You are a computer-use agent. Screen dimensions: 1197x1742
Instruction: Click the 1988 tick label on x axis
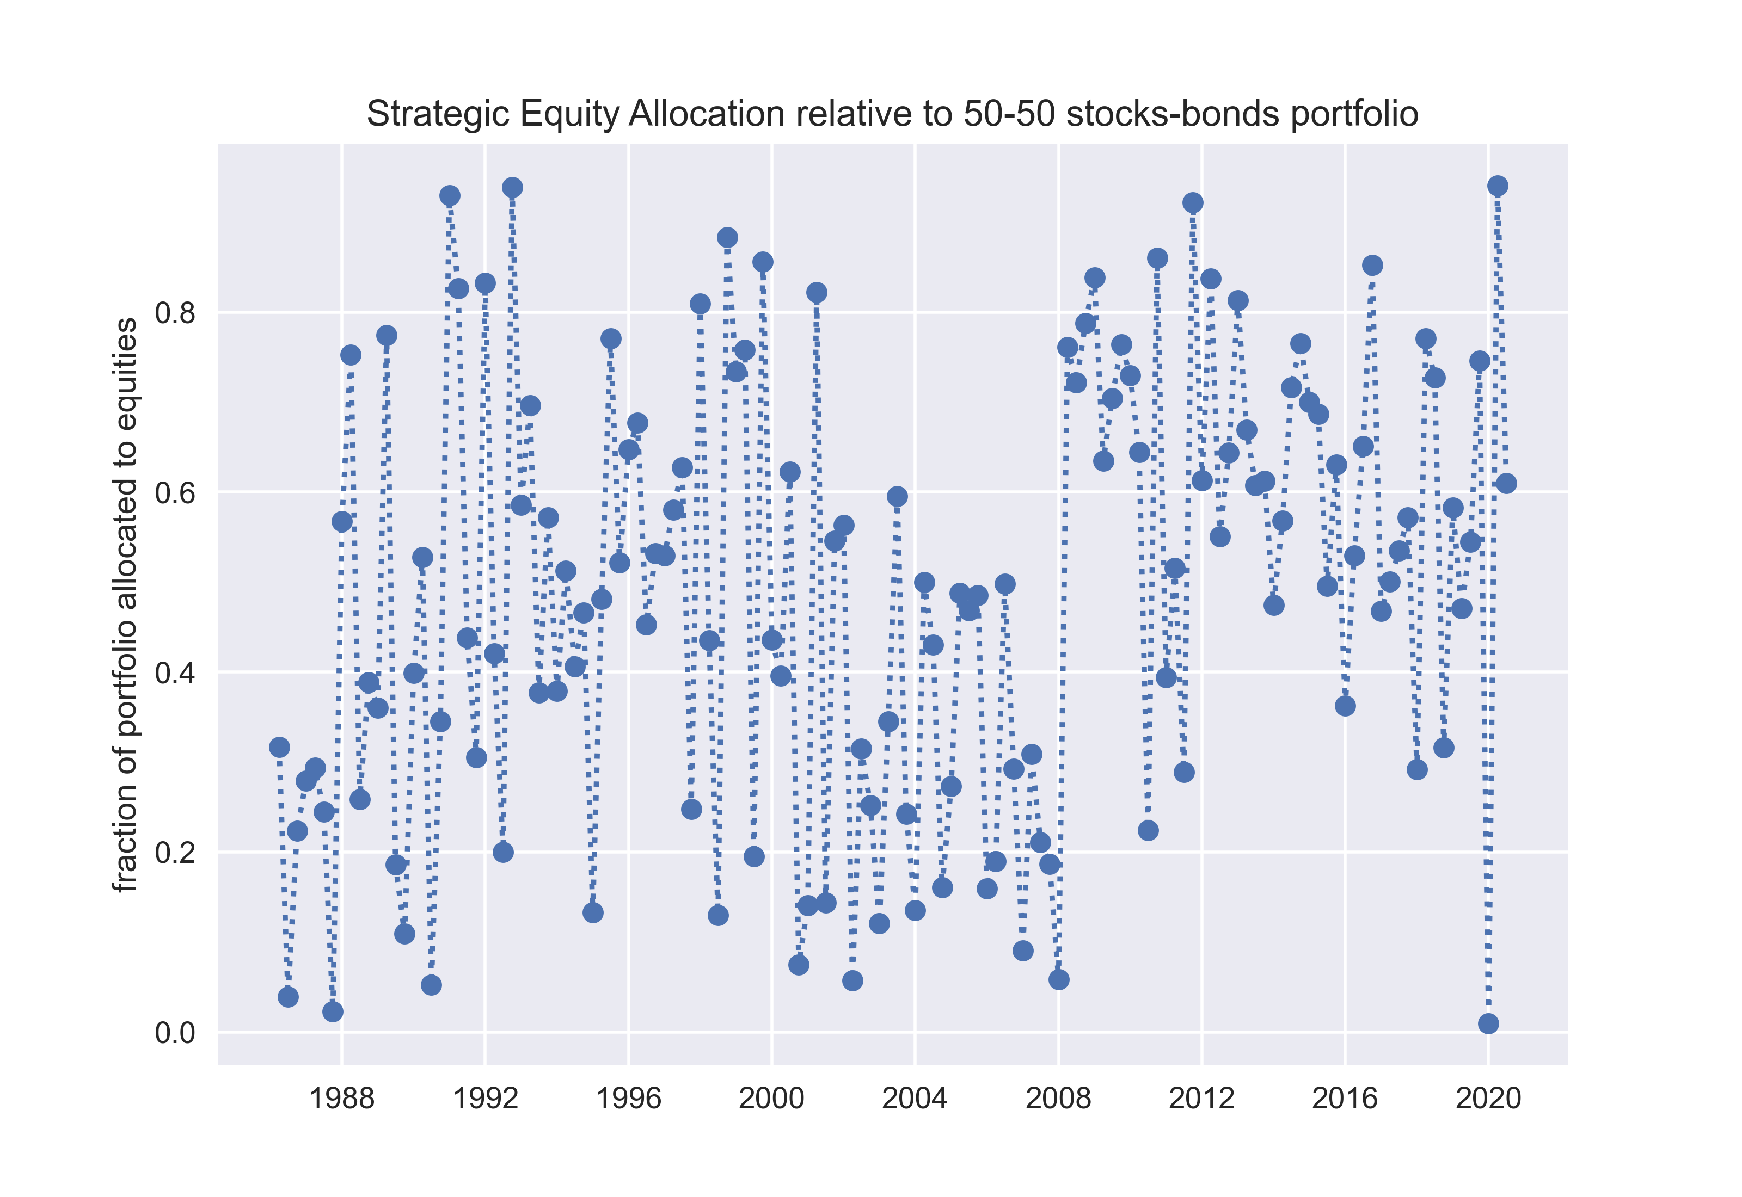pyautogui.click(x=341, y=1099)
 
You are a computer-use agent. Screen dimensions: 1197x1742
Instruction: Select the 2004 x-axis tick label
pyautogui.click(x=915, y=1099)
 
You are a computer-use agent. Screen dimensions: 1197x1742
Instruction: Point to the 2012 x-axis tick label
pyautogui.click(x=1201, y=1099)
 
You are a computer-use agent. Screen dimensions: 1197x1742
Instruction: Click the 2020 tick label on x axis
pyautogui.click(x=1488, y=1099)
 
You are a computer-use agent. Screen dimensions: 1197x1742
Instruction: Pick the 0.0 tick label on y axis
pyautogui.click(x=174, y=1033)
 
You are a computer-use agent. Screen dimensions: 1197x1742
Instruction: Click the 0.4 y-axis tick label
pyautogui.click(x=174, y=672)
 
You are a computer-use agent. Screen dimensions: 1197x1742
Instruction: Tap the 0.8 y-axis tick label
pyautogui.click(x=174, y=313)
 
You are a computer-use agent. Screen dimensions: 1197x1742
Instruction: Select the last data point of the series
pyautogui.click(x=1506, y=484)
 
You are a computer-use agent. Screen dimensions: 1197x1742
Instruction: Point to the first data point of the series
pyautogui.click(x=279, y=747)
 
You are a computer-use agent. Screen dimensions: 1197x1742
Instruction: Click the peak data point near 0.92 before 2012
pyautogui.click(x=1193, y=202)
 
